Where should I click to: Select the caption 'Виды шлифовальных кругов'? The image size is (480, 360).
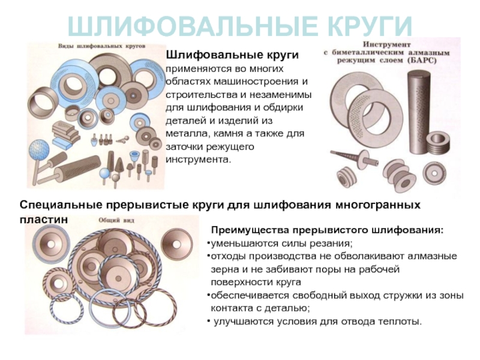101,46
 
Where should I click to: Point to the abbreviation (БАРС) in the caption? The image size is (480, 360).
421,61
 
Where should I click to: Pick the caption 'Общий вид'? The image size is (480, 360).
116,220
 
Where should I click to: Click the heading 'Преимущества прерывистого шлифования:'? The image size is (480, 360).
327,230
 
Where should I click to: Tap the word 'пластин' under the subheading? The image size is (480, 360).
43,220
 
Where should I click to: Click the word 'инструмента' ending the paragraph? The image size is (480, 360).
197,160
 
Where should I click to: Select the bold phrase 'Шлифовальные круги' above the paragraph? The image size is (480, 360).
232,55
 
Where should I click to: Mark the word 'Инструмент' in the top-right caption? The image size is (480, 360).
386,44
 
